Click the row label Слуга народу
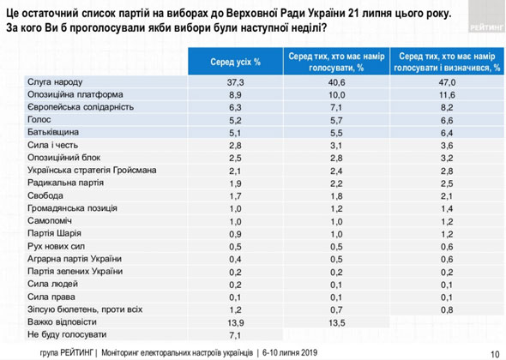pos(55,82)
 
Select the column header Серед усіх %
pos(235,62)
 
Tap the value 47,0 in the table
pos(447,82)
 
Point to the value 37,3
pos(235,82)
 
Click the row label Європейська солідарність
pos(81,107)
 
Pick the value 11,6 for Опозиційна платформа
pos(447,95)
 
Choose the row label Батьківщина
pos(53,132)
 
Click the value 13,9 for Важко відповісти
pos(235,322)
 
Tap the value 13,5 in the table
pos(336,322)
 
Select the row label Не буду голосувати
pos(67,334)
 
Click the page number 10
pos(495,354)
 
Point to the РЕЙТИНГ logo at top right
pos(486,27)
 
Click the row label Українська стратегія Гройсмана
pos(92,170)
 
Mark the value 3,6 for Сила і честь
pos(447,146)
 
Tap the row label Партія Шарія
pos(54,233)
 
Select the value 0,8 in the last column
pos(447,310)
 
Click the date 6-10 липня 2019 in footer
pos(290,352)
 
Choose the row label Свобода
pos(45,195)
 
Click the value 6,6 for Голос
pos(447,120)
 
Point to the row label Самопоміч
pos(50,220)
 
